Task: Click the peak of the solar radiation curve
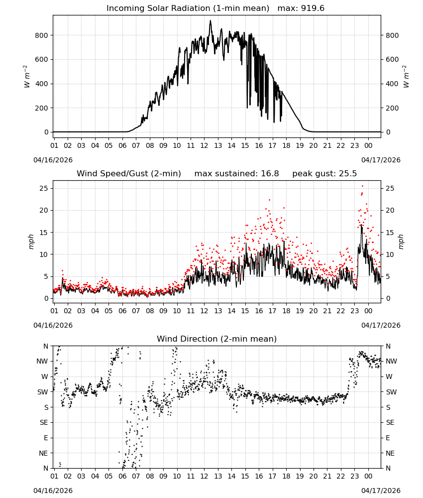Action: click(210, 20)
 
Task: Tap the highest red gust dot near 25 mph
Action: click(362, 186)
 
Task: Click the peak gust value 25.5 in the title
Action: click(348, 174)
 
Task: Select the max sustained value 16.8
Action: click(270, 174)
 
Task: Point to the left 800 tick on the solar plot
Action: click(42, 35)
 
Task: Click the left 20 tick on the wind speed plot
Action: click(44, 210)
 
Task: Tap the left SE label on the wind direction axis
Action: click(44, 422)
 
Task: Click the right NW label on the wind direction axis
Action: click(391, 361)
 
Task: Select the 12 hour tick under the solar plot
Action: click(204, 145)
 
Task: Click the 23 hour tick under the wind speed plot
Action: click(354, 311)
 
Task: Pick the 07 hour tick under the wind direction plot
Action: click(136, 477)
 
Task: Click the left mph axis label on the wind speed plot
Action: click(31, 242)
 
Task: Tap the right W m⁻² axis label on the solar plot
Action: click(406, 77)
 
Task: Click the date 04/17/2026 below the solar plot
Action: click(381, 160)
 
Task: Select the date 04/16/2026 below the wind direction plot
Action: click(53, 491)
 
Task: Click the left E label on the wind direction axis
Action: click(46, 438)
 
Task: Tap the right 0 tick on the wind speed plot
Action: click(388, 298)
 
